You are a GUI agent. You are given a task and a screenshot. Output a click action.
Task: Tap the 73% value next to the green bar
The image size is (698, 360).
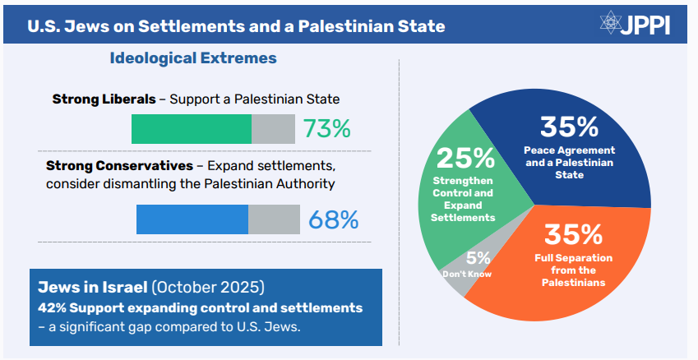point(326,129)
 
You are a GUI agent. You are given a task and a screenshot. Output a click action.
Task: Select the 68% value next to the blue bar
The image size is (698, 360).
point(333,219)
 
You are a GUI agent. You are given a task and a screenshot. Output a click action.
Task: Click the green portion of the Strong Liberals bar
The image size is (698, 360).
point(191,129)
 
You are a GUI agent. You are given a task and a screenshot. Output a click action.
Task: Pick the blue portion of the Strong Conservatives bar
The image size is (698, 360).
point(192,219)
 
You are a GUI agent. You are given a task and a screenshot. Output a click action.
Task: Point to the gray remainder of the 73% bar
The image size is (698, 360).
point(273,129)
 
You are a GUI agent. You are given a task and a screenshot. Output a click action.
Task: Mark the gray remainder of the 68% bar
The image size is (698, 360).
point(274,219)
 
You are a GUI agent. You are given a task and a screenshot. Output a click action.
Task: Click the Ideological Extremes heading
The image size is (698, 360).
point(193,58)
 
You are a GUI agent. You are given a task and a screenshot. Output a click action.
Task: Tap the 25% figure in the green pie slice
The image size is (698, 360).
point(465,157)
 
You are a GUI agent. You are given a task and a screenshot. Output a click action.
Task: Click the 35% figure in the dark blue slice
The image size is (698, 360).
point(569,127)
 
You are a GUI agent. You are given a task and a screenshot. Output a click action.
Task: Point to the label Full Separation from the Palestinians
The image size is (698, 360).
point(573,270)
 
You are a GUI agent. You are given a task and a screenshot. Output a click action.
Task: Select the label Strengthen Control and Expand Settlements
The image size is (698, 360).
point(463,199)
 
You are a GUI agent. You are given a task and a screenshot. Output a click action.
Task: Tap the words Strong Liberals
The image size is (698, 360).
point(104,99)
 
